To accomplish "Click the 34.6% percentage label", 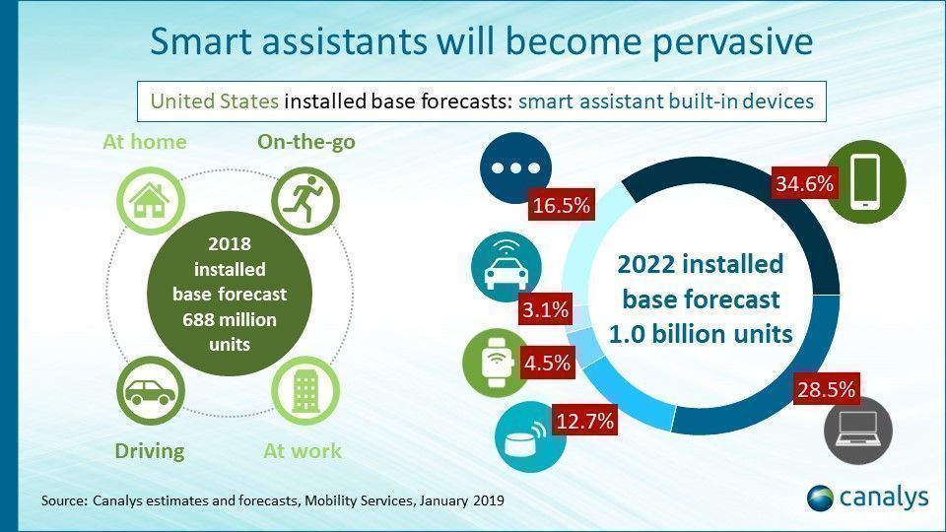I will click(805, 183).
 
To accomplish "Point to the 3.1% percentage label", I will click(545, 310).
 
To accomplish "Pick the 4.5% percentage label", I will click(547, 362).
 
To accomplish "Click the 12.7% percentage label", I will click(584, 422).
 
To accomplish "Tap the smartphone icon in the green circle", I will click(864, 183).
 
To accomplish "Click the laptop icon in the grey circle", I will click(857, 431).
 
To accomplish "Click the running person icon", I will click(304, 200).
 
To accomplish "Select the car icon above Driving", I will click(150, 390).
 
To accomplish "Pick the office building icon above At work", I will click(304, 390).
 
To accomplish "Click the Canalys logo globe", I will click(821, 498).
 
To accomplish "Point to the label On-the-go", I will click(305, 142).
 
